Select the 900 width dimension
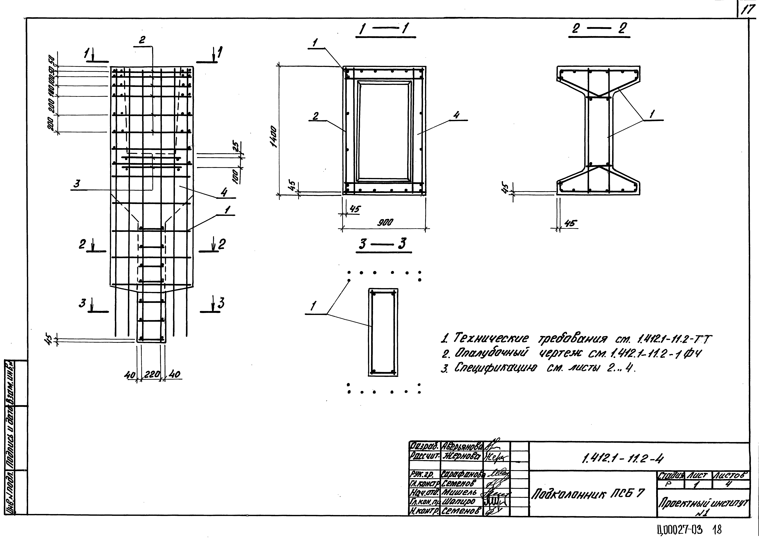385,222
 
